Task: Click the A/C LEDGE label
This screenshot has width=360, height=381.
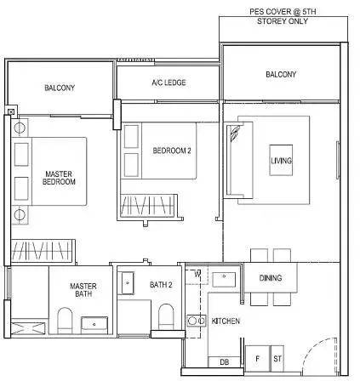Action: (169, 82)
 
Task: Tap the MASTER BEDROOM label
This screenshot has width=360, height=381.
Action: (59, 178)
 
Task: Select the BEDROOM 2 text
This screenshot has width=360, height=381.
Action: (172, 151)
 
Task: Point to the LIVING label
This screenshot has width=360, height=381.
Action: (281, 161)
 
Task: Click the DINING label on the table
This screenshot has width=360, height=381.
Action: (271, 278)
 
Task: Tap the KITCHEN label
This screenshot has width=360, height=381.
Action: (226, 321)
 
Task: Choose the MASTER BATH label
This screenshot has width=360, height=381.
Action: (83, 290)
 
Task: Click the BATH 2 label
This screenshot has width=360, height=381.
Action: (161, 284)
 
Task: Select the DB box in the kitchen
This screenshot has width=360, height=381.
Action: (224, 361)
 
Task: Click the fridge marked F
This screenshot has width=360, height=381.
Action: (258, 359)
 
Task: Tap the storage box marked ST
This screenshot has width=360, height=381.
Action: (277, 359)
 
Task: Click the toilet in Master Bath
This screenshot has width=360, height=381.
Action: (65, 321)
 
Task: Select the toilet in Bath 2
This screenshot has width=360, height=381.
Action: (166, 317)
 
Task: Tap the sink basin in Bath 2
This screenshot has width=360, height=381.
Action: (128, 283)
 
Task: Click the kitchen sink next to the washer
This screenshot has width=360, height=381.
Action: (224, 279)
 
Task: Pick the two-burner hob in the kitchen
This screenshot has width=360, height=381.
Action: (197, 321)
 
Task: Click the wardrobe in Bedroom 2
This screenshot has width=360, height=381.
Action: (147, 206)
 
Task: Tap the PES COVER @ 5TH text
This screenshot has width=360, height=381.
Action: (283, 12)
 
